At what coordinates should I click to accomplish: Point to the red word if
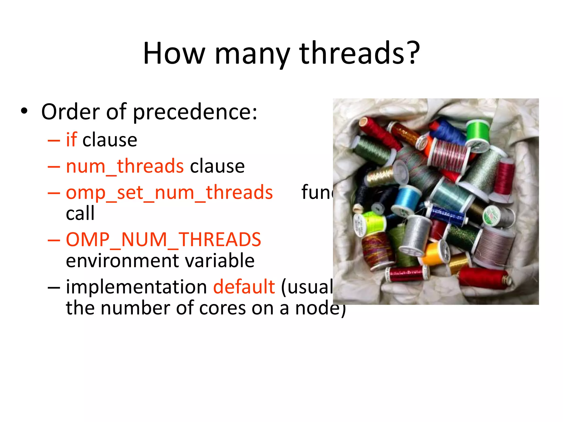(x=71, y=140)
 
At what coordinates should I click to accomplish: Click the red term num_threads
(x=125, y=166)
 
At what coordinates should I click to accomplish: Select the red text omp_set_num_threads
(x=169, y=192)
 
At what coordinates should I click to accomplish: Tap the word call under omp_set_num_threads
(x=80, y=213)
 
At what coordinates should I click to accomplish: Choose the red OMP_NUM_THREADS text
(x=164, y=240)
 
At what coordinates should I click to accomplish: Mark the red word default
(x=244, y=287)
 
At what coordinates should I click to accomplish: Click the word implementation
(x=136, y=287)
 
